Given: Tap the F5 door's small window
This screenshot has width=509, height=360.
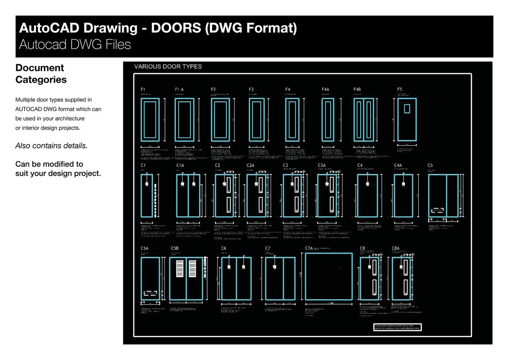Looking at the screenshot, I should tap(406, 108).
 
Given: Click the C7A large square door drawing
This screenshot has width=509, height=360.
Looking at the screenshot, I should tap(329, 276).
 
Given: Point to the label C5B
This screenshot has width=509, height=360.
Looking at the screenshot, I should tap(175, 248).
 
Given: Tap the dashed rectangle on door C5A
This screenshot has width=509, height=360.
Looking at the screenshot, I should tap(150, 294).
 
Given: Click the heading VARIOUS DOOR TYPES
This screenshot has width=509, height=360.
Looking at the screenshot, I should tap(168, 67).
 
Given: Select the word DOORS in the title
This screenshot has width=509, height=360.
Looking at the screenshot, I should tap(175, 28).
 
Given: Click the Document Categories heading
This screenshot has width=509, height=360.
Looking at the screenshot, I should tap(41, 74).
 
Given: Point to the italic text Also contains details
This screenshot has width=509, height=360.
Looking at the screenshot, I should tap(51, 146).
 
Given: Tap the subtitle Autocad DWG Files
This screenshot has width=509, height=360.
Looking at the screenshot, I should tap(75, 45).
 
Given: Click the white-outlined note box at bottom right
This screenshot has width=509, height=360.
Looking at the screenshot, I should tap(397, 327).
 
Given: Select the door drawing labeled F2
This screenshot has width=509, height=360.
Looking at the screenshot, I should tap(220, 119).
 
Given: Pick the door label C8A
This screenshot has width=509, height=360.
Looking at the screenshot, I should tap(396, 248).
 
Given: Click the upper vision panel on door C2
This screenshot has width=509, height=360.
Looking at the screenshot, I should tap(228, 184).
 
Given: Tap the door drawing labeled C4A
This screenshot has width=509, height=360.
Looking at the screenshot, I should tap(403, 196).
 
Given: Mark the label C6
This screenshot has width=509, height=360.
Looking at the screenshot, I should tap(224, 248).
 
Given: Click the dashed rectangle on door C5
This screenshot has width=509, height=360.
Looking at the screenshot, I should tap(437, 210).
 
